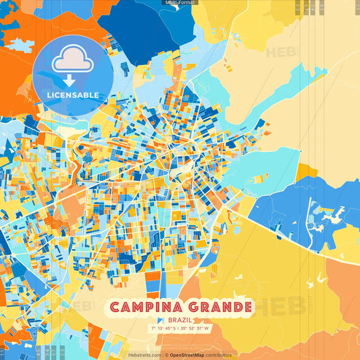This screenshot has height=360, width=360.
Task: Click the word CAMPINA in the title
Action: point(143,308)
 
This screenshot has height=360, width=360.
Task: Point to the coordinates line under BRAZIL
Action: point(180,329)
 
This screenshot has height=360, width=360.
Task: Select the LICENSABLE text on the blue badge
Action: point(72,95)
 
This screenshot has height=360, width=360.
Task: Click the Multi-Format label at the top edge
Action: point(180,3)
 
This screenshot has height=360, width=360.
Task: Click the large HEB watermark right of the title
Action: point(284,307)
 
